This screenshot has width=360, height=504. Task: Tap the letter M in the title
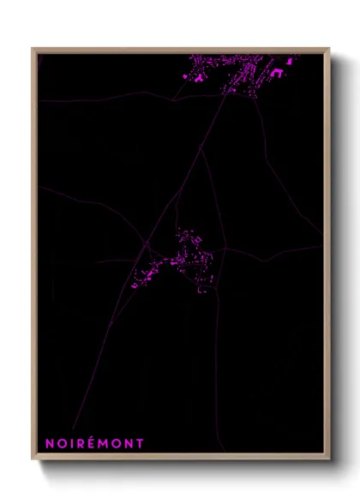[105, 443]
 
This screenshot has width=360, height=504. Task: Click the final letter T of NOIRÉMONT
[140, 443]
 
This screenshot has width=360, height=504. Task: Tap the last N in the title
[129, 443]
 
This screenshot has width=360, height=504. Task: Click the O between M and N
[117, 443]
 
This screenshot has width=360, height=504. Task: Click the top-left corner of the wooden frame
[33, 49]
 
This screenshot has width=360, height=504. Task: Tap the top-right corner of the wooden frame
[329, 49]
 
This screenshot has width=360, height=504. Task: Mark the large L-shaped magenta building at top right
[276, 73]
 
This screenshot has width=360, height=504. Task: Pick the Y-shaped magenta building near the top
[198, 77]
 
